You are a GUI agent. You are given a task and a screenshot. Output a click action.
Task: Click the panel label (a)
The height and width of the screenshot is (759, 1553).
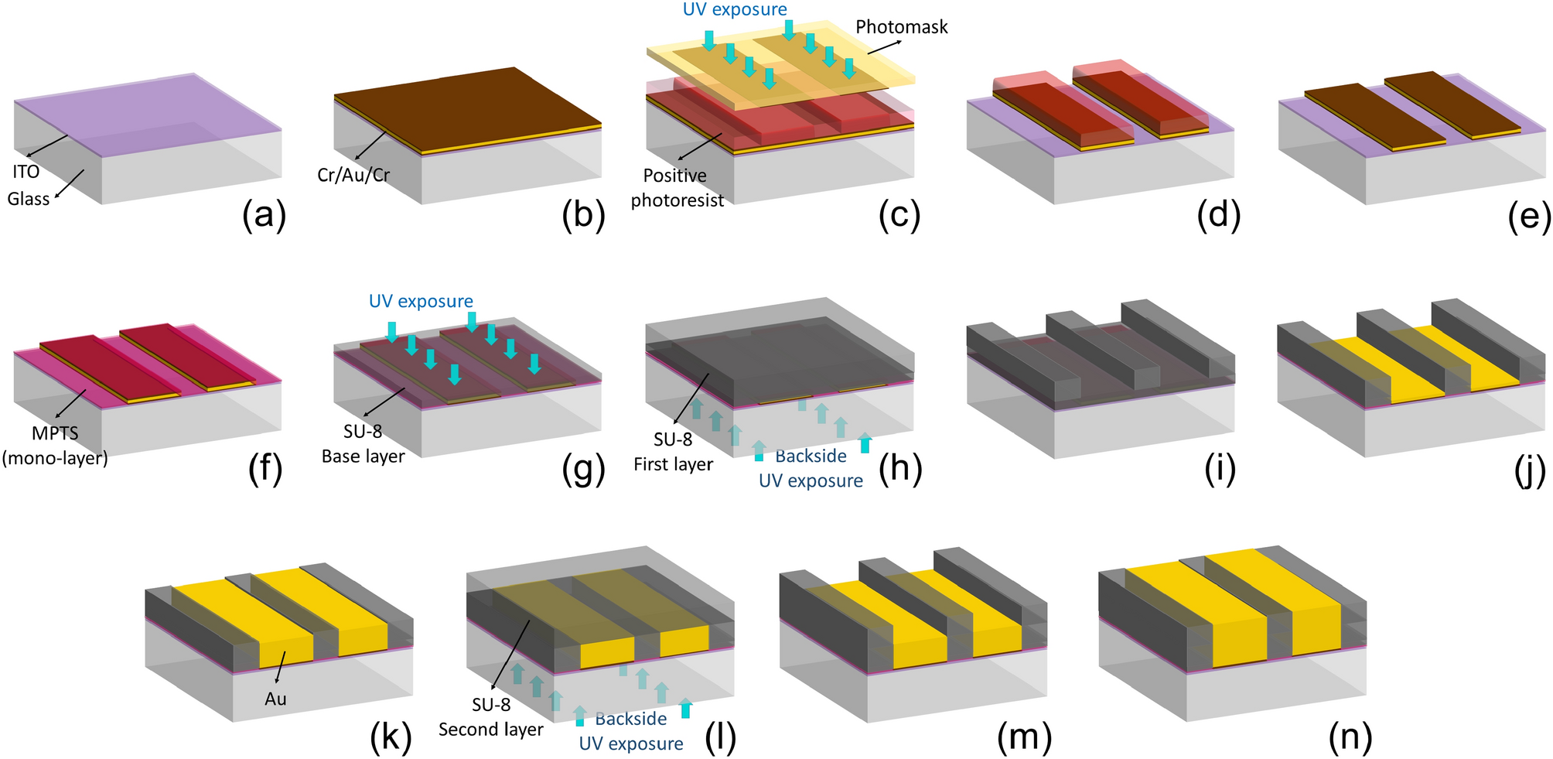click(264, 216)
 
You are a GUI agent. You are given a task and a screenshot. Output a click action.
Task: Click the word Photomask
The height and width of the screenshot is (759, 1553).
click(901, 27)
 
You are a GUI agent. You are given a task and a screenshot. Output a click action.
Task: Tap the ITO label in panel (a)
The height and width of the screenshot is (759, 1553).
click(26, 171)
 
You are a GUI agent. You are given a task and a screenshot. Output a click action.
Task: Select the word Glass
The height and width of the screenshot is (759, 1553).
click(29, 199)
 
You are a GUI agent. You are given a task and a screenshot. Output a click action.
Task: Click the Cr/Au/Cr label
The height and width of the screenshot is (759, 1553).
click(353, 175)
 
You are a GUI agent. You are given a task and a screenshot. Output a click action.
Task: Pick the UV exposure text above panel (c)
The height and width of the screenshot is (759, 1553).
click(735, 9)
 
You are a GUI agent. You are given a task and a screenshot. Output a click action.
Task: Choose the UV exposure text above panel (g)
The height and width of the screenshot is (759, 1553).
click(421, 301)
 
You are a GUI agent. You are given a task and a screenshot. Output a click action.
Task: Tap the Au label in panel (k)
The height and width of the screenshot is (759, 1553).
click(275, 699)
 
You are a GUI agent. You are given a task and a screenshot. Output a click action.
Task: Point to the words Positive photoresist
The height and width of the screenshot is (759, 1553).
click(677, 188)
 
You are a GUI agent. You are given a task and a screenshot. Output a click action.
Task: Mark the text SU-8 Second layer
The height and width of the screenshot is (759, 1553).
click(491, 717)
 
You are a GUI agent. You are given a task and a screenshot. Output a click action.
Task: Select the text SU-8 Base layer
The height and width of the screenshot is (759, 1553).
click(363, 444)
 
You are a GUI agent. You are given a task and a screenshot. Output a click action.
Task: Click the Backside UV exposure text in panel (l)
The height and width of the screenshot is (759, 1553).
click(631, 731)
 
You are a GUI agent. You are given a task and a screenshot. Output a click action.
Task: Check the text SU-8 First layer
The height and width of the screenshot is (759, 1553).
click(673, 452)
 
